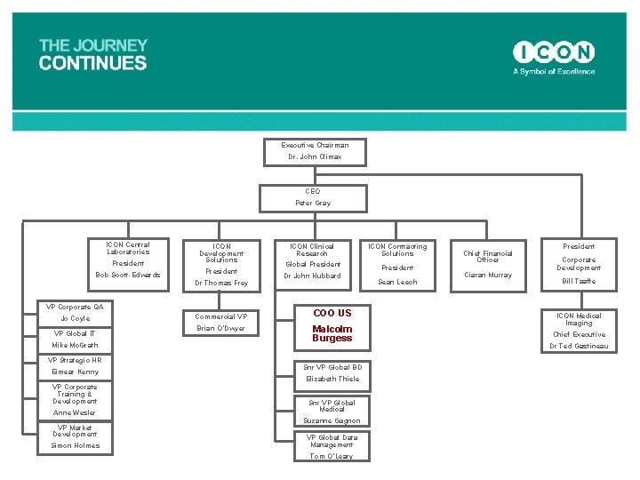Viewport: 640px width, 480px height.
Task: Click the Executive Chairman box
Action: coord(315,151)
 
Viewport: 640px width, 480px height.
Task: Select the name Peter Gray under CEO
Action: coord(313,204)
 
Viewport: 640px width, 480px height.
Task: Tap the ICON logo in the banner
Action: coord(554,52)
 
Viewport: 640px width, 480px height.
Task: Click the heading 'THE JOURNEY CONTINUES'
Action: coord(93,54)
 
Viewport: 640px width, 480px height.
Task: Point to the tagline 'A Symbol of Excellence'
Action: coord(554,72)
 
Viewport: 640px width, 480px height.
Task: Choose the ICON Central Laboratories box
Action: coord(128,260)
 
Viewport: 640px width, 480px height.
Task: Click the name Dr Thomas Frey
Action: coord(221,284)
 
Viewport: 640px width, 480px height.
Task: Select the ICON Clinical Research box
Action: coord(312,262)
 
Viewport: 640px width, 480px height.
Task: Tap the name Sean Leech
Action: coord(397,283)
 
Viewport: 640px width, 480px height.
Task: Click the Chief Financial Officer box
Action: coord(488,264)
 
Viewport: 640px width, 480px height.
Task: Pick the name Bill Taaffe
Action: coord(579,282)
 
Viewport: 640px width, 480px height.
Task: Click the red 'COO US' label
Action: coord(332,313)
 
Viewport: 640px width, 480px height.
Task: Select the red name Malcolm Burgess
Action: coord(332,333)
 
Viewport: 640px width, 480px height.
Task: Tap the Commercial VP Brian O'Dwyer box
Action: coord(221,322)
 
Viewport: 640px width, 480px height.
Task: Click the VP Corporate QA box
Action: coord(75,313)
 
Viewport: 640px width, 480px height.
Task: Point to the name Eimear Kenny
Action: coord(75,372)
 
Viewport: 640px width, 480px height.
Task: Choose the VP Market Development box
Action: coord(75,438)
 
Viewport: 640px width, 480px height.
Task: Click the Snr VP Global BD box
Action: coord(332,373)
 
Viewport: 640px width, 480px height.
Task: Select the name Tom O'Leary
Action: coord(331,457)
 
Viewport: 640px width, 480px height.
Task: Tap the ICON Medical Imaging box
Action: coord(579,330)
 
